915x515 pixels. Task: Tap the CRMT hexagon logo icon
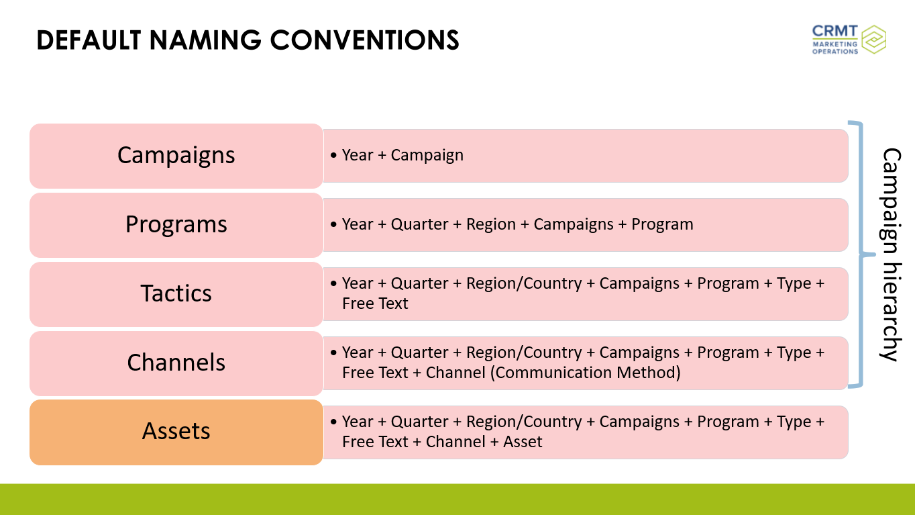coord(873,39)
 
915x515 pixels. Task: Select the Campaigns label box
coord(176,156)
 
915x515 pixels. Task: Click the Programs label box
coord(176,225)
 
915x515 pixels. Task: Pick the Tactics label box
coord(176,294)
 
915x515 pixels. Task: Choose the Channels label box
coord(176,363)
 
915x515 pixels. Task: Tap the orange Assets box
coord(176,432)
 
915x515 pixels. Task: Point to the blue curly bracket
coord(861,254)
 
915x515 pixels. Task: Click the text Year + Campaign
coord(402,155)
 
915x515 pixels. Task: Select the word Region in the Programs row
coord(491,224)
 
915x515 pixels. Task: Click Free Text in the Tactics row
coord(375,303)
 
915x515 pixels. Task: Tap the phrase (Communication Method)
coord(586,373)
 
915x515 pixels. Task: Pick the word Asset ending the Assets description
coord(523,442)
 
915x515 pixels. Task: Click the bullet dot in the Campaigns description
coord(333,155)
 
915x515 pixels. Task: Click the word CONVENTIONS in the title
coord(364,40)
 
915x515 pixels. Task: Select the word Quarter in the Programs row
coord(419,224)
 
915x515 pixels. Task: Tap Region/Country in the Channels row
coord(524,353)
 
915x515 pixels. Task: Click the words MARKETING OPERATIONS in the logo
coord(835,48)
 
